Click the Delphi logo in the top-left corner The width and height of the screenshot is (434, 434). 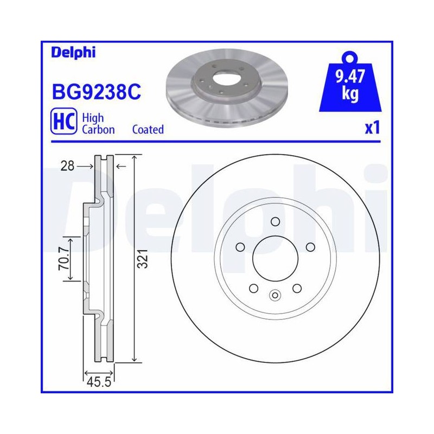73,52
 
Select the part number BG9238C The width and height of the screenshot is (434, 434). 97,92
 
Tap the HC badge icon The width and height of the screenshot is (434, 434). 63,121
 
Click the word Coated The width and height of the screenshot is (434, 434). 148,129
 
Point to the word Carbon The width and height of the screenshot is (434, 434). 98,130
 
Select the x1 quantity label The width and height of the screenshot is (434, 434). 372,127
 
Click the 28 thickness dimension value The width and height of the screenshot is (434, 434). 67,166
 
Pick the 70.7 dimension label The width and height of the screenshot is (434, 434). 64,259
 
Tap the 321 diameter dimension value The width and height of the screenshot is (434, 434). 143,259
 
